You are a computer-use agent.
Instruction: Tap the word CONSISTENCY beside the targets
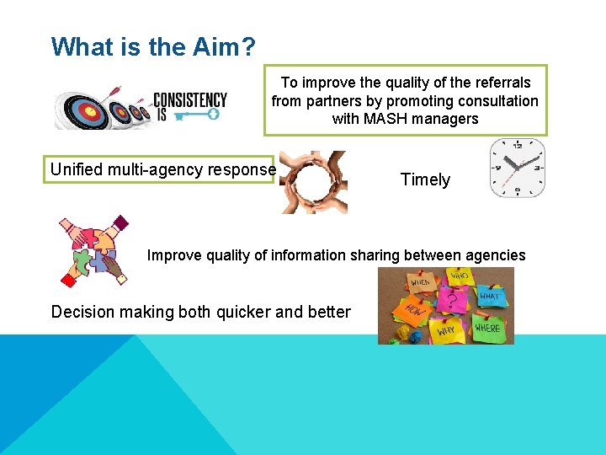(x=190, y=99)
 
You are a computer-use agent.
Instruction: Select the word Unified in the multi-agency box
(x=74, y=169)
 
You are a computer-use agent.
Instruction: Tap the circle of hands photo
(x=312, y=181)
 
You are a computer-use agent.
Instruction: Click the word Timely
(x=425, y=179)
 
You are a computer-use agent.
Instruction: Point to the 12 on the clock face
(x=517, y=146)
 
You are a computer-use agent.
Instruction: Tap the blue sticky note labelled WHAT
(x=489, y=297)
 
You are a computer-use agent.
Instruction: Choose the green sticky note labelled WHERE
(x=487, y=327)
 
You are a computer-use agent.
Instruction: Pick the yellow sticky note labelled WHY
(x=447, y=331)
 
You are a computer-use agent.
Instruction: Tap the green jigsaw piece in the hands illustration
(x=83, y=261)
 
